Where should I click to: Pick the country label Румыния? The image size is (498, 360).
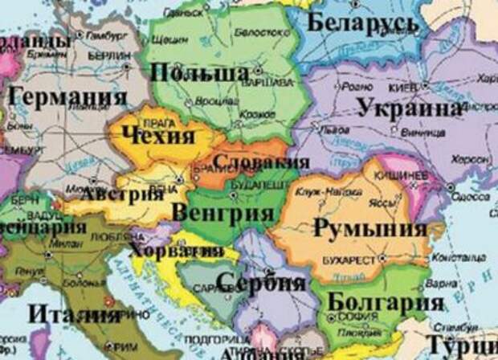click(x=369, y=228)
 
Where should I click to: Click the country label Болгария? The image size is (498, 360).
click(x=386, y=304)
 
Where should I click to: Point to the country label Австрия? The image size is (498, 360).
click(x=118, y=195)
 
